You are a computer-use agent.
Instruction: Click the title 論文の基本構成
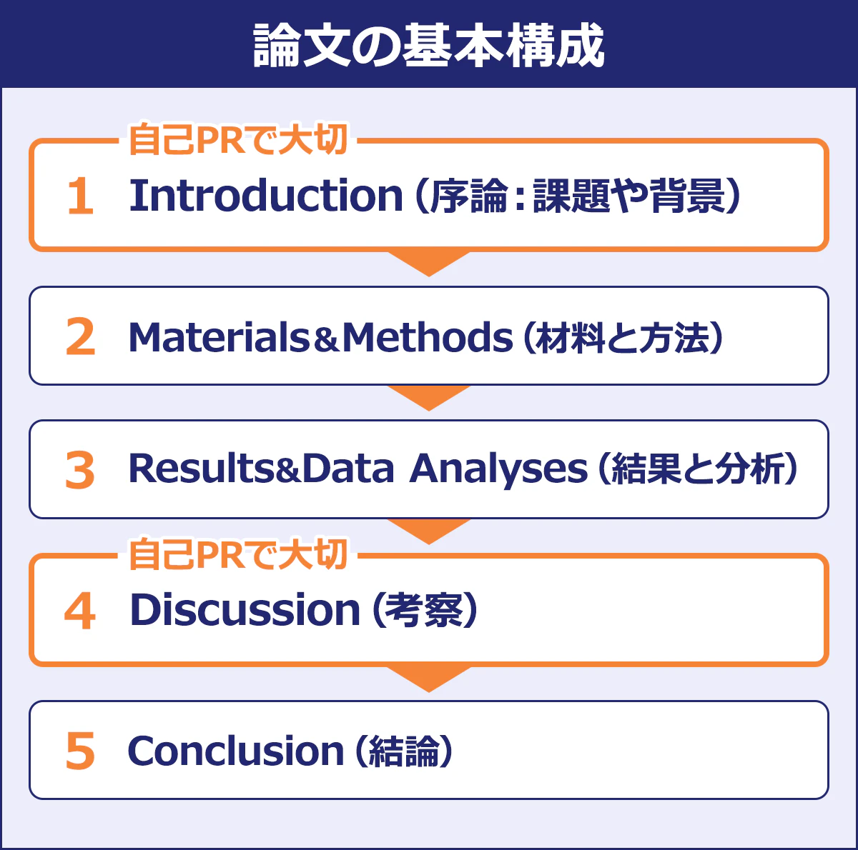click(x=429, y=46)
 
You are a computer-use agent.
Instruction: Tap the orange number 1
click(x=80, y=196)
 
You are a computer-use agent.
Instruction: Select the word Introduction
click(x=266, y=195)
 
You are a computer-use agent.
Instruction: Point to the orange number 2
click(x=80, y=337)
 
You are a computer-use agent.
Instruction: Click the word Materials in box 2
click(x=219, y=337)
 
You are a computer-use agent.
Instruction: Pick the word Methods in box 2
click(x=428, y=337)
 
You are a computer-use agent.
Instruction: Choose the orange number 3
click(x=80, y=470)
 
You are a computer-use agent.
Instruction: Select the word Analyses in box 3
click(x=498, y=469)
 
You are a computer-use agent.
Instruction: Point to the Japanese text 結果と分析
click(x=697, y=469)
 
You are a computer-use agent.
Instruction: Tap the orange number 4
click(x=80, y=611)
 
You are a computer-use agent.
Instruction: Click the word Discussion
click(x=245, y=610)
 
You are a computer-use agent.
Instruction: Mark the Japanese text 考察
click(x=424, y=611)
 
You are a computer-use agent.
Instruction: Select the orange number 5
click(x=80, y=751)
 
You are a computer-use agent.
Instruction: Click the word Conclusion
click(x=236, y=751)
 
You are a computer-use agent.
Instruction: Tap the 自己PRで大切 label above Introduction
click(x=238, y=139)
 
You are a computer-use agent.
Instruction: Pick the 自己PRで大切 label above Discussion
click(x=238, y=554)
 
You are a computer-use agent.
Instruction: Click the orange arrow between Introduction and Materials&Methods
click(x=429, y=262)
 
